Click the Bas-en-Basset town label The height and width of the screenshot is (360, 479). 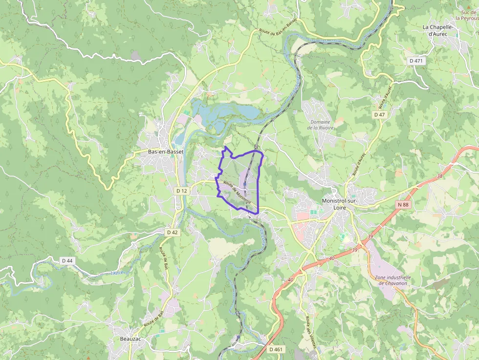coord(166,151)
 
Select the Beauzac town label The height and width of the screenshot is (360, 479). coord(131,339)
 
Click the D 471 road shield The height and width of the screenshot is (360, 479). coord(416,61)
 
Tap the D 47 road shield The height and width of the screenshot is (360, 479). coord(380,114)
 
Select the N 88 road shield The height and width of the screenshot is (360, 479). coord(403,205)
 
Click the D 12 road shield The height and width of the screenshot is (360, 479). coord(181,190)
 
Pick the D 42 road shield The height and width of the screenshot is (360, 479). coord(172,233)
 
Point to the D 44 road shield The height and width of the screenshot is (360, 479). coord(67,260)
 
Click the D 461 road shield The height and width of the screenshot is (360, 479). coord(276,349)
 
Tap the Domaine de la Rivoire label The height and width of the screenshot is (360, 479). coord(321,125)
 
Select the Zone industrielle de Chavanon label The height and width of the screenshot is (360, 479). coord(392,280)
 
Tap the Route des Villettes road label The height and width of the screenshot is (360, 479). coord(311,331)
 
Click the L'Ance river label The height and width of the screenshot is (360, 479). coord(117,273)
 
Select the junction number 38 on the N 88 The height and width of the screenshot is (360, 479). coord(439,176)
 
